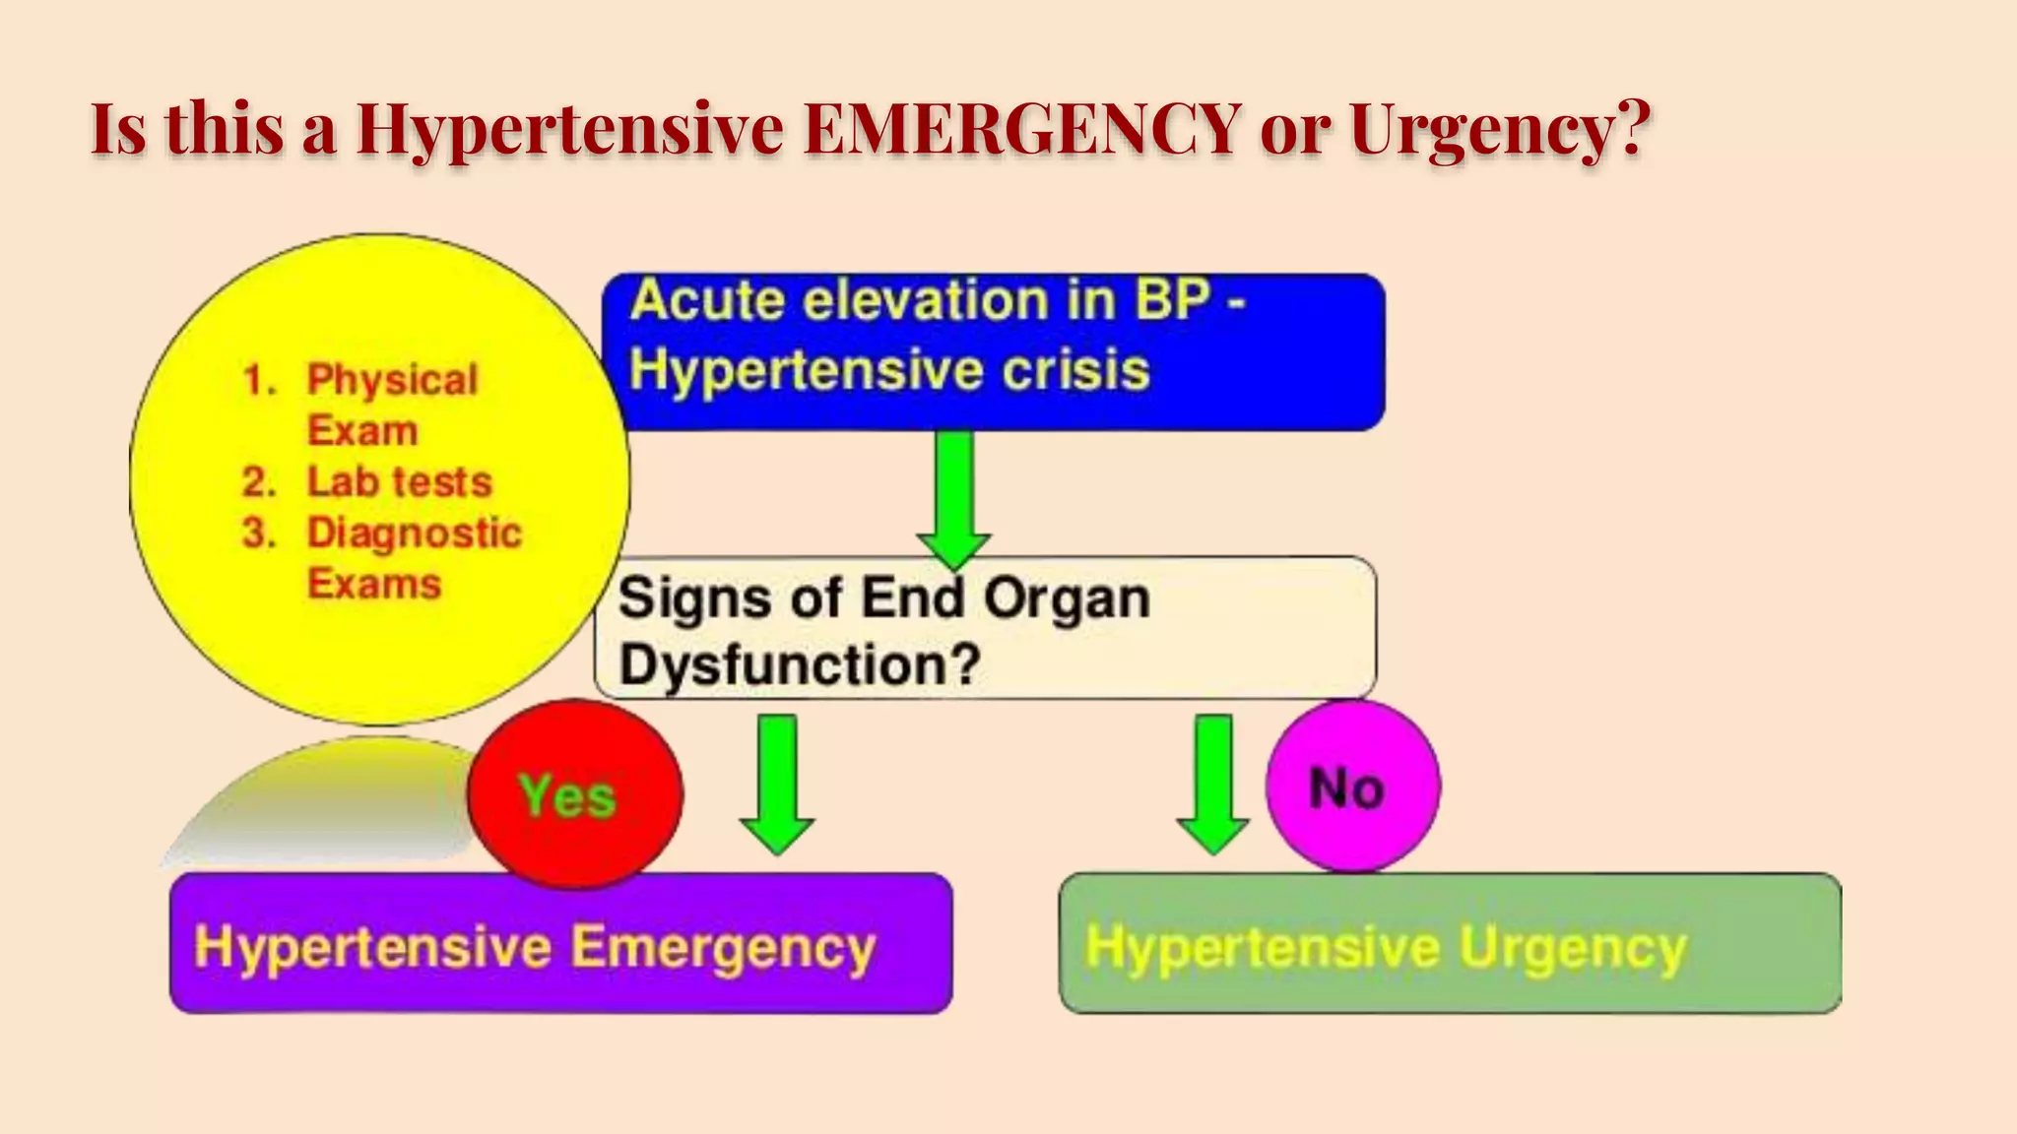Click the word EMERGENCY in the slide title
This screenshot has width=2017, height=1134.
point(1021,128)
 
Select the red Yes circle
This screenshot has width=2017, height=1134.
point(574,793)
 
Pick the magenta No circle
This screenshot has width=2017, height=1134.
point(1352,787)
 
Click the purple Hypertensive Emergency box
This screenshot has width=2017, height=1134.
point(560,943)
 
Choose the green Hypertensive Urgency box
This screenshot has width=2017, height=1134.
point(1450,943)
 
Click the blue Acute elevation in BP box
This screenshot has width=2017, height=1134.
point(993,351)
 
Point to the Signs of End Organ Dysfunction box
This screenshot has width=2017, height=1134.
point(985,628)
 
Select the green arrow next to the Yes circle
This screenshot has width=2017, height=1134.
point(777,784)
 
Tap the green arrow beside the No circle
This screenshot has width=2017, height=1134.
point(1213,784)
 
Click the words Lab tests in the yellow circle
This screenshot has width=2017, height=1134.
point(399,482)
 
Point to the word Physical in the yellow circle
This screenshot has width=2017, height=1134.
point(392,380)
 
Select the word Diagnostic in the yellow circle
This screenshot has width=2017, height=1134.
point(414,534)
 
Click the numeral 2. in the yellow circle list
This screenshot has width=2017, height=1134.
point(259,482)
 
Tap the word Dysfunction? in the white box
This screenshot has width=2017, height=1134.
point(800,664)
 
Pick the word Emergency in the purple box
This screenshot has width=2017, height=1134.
point(723,947)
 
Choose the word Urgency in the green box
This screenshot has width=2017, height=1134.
point(1573,947)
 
